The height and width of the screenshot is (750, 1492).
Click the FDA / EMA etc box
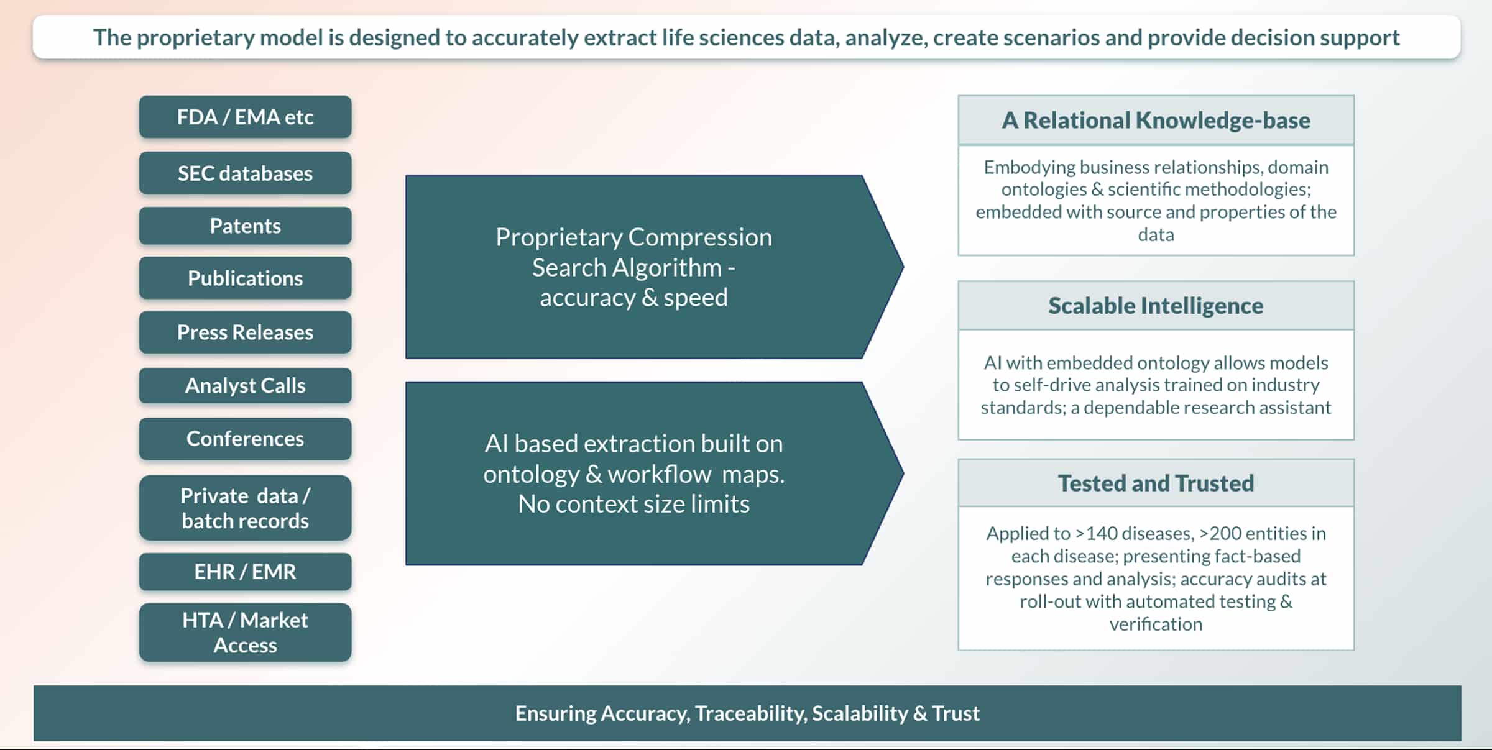(x=245, y=117)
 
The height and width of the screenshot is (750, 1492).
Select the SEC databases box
(x=245, y=173)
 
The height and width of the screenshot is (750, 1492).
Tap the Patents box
(x=245, y=226)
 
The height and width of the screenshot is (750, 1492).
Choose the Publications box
(x=245, y=278)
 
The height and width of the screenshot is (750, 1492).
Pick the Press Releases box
(x=245, y=332)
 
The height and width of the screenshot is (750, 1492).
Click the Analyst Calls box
(x=245, y=385)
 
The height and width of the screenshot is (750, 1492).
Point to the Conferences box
(x=245, y=439)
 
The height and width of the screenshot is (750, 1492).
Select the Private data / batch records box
(x=245, y=508)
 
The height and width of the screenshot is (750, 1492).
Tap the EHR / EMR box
(x=245, y=571)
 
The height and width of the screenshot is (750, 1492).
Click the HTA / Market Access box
(x=245, y=632)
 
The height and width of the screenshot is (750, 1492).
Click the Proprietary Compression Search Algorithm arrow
(x=634, y=267)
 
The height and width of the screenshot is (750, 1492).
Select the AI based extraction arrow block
(x=634, y=473)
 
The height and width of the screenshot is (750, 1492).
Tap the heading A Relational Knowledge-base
(x=1156, y=120)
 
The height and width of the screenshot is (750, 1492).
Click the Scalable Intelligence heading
(x=1156, y=306)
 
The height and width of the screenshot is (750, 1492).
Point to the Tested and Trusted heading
(x=1156, y=483)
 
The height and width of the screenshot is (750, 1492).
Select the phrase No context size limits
(x=634, y=504)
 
